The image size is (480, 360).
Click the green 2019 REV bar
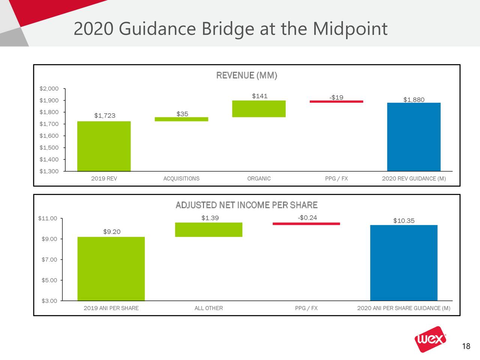tap(104, 146)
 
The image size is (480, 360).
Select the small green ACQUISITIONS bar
tap(181, 119)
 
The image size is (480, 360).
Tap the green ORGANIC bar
tap(259, 109)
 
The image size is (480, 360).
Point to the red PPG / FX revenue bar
tap(336, 101)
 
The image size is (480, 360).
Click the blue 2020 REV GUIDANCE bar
tap(414, 137)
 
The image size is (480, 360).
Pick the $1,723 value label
tap(105, 115)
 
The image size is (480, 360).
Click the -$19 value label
tap(336, 97)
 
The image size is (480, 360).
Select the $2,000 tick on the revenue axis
tap(49, 89)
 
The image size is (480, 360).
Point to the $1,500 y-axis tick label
tap(49, 148)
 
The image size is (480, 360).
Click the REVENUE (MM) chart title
tap(246, 76)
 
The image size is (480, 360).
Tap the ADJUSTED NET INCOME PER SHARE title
tap(246, 205)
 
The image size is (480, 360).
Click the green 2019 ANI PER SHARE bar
tap(111, 268)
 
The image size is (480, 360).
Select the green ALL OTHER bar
tap(208, 229)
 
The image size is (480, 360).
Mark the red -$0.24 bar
tap(306, 224)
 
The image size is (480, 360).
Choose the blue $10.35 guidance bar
tap(403, 262)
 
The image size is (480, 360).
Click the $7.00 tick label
tap(49, 259)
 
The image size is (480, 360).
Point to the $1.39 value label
tap(210, 218)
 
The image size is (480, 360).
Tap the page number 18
tap(466, 346)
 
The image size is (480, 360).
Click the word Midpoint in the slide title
tap(349, 29)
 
